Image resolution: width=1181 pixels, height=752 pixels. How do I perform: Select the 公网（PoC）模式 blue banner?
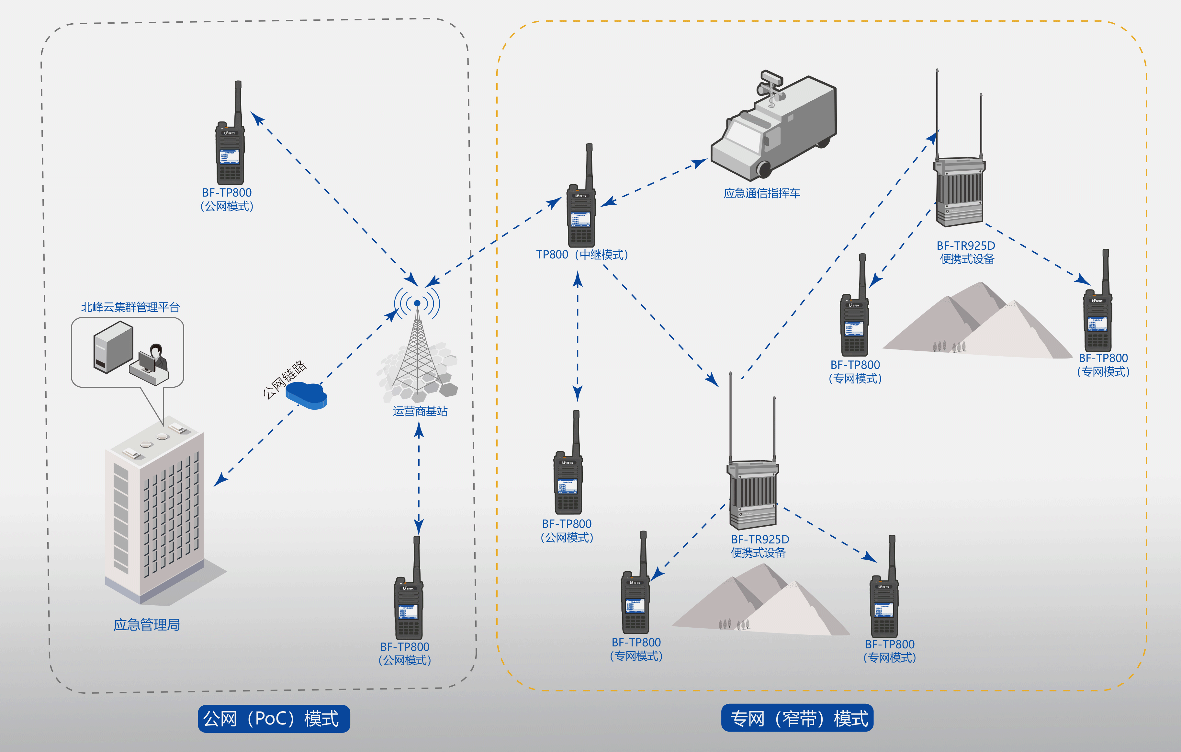(274, 719)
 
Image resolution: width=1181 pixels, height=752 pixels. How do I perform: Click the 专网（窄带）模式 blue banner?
(797, 719)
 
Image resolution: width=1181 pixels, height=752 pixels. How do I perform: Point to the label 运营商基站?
(420, 411)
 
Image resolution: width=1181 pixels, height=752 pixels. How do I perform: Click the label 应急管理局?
(147, 624)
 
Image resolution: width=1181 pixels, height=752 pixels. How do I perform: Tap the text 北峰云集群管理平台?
(130, 307)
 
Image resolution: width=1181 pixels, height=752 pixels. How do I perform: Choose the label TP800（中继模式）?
(582, 255)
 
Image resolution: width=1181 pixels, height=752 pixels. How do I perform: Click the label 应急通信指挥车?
(762, 193)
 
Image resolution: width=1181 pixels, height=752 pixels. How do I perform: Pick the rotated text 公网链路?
(285, 379)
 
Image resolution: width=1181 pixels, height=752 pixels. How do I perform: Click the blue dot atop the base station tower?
(417, 303)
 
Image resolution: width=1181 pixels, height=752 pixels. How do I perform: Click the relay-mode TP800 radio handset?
(582, 206)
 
